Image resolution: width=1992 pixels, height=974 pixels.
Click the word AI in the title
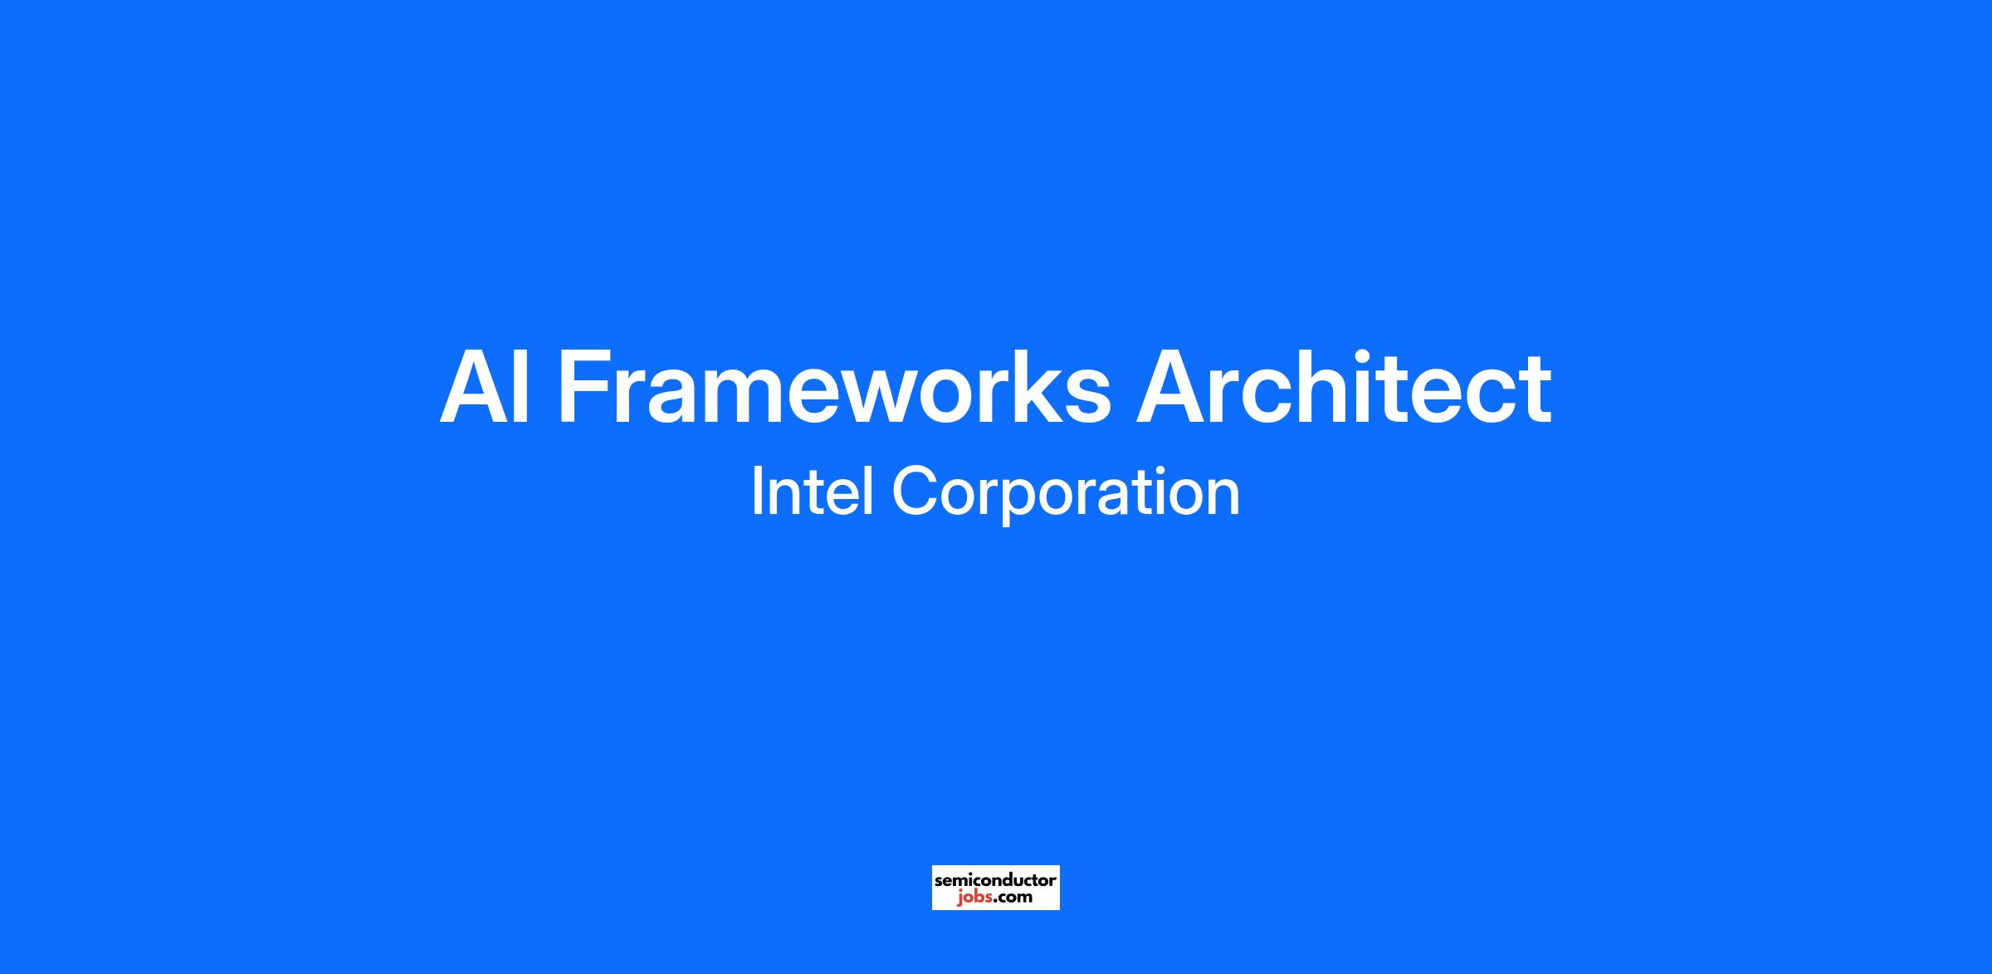coord(485,387)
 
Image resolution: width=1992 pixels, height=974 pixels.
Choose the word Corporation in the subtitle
coord(1066,496)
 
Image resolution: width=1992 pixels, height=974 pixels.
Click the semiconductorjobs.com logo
coord(995,888)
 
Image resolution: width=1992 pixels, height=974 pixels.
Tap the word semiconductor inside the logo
coord(995,879)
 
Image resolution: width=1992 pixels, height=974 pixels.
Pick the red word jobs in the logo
coord(974,898)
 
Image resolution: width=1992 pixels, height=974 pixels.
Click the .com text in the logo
coord(1013,898)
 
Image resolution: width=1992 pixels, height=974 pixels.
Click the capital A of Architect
coord(1171,387)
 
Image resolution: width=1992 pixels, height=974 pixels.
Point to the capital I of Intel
coord(755,492)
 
